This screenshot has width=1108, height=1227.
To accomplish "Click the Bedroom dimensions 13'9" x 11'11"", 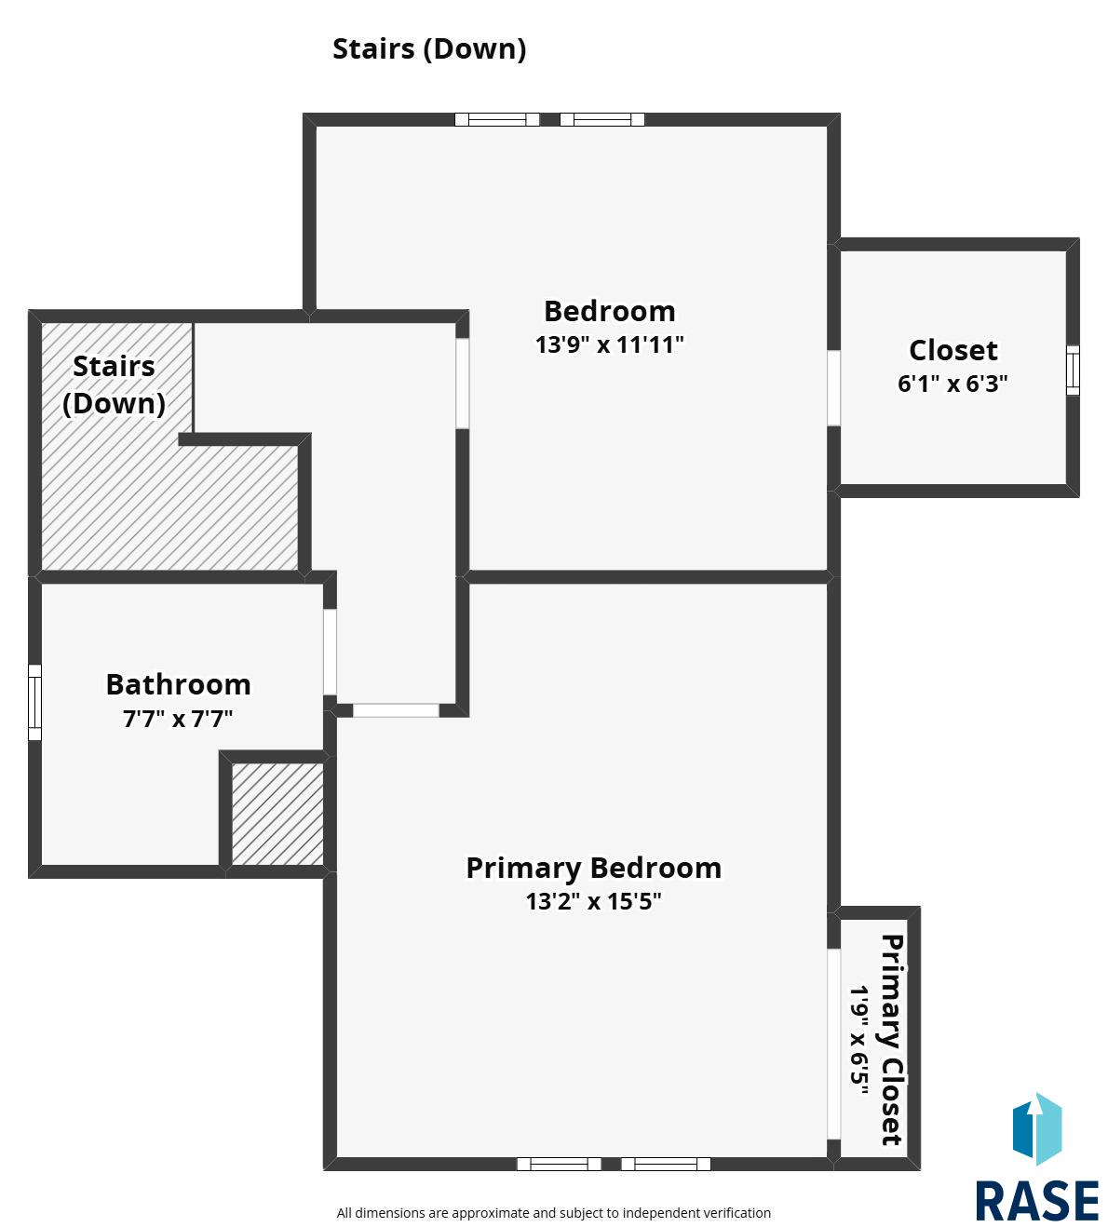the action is click(x=609, y=344).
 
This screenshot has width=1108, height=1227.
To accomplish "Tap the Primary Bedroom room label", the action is click(x=593, y=868).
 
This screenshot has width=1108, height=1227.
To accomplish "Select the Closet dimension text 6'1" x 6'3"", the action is click(x=953, y=384).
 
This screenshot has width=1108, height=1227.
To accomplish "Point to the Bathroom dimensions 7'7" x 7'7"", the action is click(x=178, y=719).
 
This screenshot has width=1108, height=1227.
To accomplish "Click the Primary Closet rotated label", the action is click(x=892, y=1039).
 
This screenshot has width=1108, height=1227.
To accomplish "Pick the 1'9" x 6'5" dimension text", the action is click(x=859, y=1041).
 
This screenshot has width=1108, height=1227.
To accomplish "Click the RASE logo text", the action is click(x=1036, y=1201).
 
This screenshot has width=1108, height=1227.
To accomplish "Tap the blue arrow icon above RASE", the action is click(x=1037, y=1129).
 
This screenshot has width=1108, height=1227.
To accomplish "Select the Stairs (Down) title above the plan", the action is click(x=429, y=49).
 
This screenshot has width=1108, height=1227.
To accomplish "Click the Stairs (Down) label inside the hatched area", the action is click(x=114, y=384).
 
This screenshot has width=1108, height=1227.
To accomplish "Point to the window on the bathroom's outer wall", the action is click(x=34, y=702).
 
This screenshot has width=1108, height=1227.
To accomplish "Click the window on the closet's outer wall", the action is click(x=1074, y=371).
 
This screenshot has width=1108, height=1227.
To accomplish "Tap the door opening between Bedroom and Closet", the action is click(x=833, y=388).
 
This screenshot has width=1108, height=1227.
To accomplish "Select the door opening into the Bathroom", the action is click(x=330, y=652).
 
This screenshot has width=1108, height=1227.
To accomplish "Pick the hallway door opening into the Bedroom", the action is click(x=463, y=384).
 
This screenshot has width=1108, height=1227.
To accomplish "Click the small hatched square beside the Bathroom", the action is click(x=277, y=815).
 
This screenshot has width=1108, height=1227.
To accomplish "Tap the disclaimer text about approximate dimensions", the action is click(x=554, y=1213).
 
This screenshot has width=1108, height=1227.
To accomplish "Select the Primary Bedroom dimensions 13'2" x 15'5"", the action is click(x=593, y=901).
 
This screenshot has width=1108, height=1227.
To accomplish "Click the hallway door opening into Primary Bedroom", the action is click(x=396, y=710).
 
